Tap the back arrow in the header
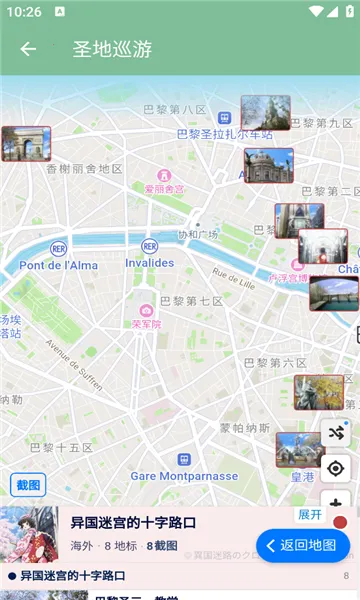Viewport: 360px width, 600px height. (x=28, y=49)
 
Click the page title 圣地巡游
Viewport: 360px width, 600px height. (x=112, y=49)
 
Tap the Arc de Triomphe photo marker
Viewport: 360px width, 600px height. (x=26, y=143)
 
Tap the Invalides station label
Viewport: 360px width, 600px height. (x=149, y=263)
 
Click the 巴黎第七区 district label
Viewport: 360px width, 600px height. (x=191, y=301)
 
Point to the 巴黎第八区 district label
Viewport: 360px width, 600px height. (x=175, y=109)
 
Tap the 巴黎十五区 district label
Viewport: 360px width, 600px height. (x=61, y=447)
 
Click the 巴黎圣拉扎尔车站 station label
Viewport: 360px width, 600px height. (x=224, y=133)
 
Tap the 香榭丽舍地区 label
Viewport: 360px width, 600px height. (x=84, y=169)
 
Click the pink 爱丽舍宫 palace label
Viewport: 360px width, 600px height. (x=164, y=188)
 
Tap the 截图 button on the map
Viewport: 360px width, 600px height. (x=28, y=486)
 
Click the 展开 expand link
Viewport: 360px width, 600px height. (x=310, y=514)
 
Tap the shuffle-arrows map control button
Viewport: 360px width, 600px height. (x=335, y=432)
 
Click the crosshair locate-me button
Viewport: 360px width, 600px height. (x=335, y=468)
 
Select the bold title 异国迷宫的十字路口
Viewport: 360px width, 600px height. (x=133, y=523)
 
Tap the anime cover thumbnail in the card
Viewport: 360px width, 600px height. (x=29, y=536)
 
